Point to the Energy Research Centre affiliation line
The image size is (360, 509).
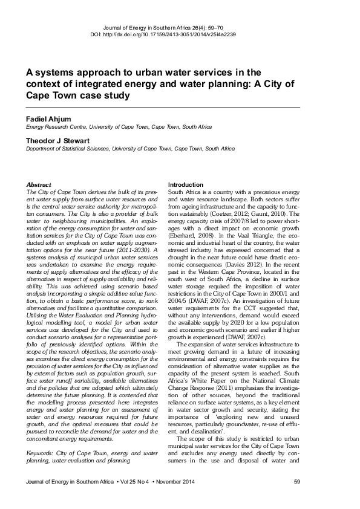pyautogui.click(x=119, y=127)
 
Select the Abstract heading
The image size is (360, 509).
pyautogui.click(x=39, y=184)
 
